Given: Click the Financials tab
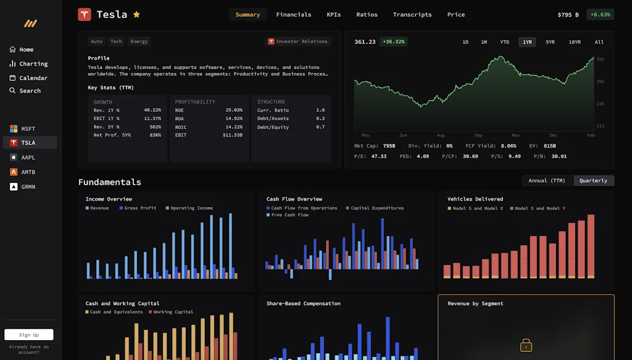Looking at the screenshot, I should coord(293,14).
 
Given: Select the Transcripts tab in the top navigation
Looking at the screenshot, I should coord(412,14).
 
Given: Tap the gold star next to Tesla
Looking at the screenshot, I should coord(136,14).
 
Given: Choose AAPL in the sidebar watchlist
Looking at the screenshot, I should coord(28,157).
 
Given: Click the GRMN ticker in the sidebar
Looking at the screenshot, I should coord(28,186).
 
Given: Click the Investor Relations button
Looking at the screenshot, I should coord(298,41).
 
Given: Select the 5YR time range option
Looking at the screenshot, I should coord(550,42).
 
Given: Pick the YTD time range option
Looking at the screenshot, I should coord(504,42).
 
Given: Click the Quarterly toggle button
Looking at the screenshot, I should coord(593,180).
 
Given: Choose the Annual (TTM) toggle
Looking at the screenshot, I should coord(547,180).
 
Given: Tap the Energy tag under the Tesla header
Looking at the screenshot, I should coord(139,41).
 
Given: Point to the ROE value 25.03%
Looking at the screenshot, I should coord(234,110).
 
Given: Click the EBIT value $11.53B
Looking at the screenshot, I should coord(232,135).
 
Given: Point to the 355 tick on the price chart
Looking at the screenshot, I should coord(600,59).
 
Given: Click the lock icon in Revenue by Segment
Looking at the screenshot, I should coord(526,345).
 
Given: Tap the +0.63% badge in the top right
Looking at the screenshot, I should coord(600,14).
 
